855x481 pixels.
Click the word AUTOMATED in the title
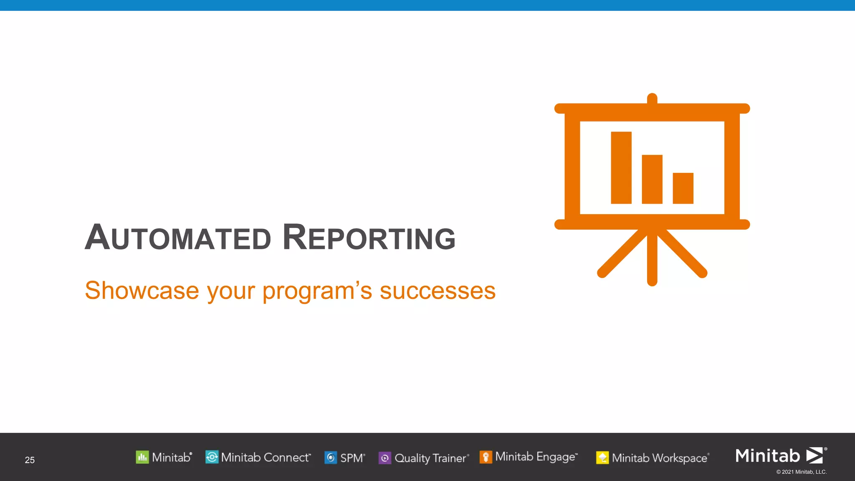(x=178, y=238)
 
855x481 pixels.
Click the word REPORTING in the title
(x=369, y=238)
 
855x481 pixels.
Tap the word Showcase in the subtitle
(x=142, y=291)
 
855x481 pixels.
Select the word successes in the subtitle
(x=438, y=291)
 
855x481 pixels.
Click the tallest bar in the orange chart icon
(x=621, y=168)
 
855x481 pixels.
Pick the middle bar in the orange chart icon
(x=652, y=180)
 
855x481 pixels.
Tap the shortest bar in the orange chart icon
(x=683, y=188)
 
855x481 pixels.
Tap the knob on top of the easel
(x=652, y=99)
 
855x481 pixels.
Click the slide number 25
(x=30, y=460)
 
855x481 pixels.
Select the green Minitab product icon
(x=142, y=457)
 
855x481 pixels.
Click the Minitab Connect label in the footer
(x=266, y=458)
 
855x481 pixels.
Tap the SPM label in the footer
(x=352, y=458)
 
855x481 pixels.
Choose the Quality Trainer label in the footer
(x=430, y=458)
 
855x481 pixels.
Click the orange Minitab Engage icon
(x=486, y=457)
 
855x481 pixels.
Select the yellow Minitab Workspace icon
(x=602, y=458)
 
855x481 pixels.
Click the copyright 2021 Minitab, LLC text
(x=801, y=472)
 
